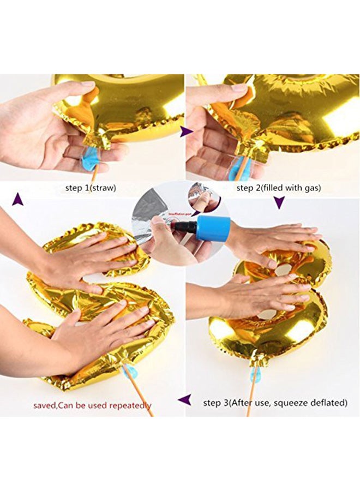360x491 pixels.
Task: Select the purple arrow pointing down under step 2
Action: [279, 203]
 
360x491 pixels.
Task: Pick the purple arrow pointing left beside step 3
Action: [186, 401]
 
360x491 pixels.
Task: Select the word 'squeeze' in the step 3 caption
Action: [282, 403]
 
